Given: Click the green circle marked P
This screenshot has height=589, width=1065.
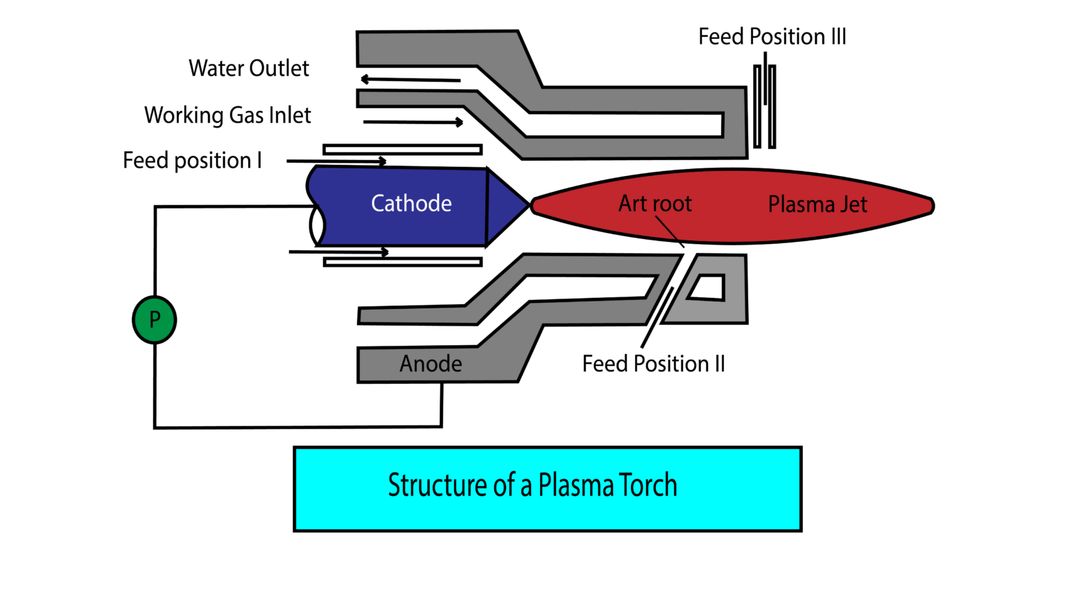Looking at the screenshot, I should click(x=154, y=320).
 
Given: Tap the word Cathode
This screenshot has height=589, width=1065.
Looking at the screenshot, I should click(x=411, y=204).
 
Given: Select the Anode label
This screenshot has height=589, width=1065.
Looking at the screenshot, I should click(x=431, y=364).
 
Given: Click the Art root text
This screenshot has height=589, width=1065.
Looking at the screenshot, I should click(x=655, y=204).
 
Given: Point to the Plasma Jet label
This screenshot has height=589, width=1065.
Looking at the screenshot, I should click(x=817, y=204).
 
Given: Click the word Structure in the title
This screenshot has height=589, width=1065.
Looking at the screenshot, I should click(x=438, y=485).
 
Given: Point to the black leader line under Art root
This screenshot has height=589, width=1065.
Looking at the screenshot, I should click(x=666, y=227).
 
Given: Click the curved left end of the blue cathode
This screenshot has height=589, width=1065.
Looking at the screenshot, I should click(x=318, y=205).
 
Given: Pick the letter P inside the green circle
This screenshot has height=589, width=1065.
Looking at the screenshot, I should click(x=155, y=319).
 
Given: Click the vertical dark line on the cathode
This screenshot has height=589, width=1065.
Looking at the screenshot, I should click(x=487, y=206).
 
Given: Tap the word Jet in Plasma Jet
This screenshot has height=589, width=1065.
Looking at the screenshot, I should click(x=854, y=204).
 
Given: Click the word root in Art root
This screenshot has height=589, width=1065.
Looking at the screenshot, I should click(x=671, y=204).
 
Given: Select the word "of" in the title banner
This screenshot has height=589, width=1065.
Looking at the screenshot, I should click(x=504, y=485).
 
